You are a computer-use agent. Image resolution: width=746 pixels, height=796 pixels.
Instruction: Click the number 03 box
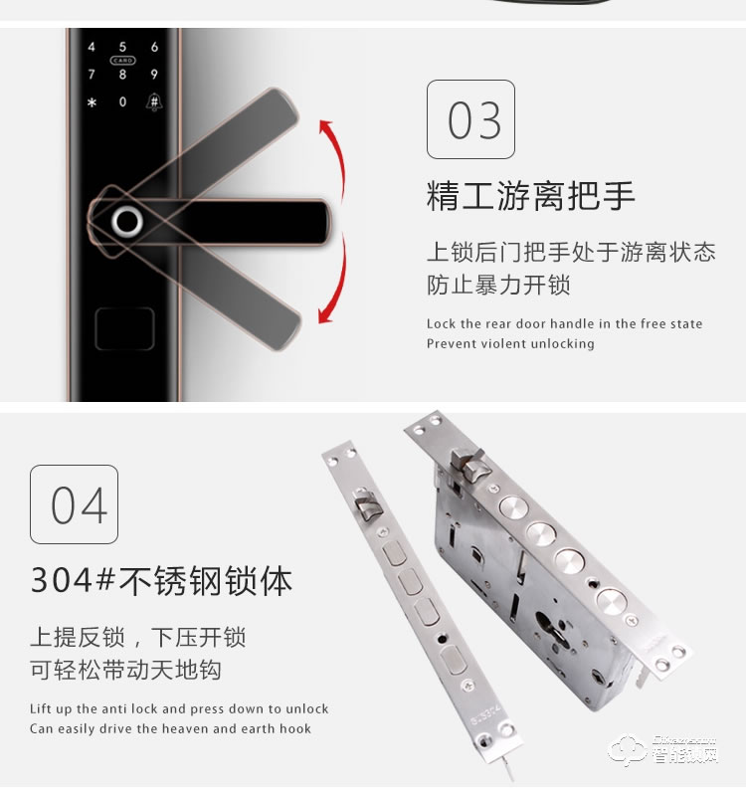click(470, 119)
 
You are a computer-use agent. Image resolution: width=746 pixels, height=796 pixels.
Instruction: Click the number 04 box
click(74, 504)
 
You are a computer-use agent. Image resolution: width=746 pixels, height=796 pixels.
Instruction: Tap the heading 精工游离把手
click(530, 196)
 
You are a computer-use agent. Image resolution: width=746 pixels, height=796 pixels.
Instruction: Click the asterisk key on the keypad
click(91, 102)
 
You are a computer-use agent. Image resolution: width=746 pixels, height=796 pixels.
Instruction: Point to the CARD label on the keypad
click(122, 60)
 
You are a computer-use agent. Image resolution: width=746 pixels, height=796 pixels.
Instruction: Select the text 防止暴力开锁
click(498, 286)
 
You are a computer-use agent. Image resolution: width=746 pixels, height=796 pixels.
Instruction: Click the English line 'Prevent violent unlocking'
click(510, 343)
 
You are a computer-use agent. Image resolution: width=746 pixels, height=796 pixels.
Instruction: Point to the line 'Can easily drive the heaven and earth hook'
click(170, 728)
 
